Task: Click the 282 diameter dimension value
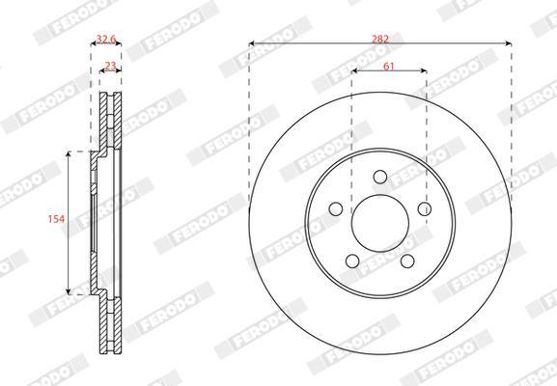pos(380,39)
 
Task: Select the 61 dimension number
pos(389,66)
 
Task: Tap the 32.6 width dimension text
pos(106,39)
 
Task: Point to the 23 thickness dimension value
pos(110,66)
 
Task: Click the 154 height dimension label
pos(57,219)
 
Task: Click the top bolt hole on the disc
pos(380,177)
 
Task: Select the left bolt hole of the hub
pos(336,208)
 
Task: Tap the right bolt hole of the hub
pos(425,208)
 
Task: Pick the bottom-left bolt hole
pos(352,261)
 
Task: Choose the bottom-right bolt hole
pos(407,261)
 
